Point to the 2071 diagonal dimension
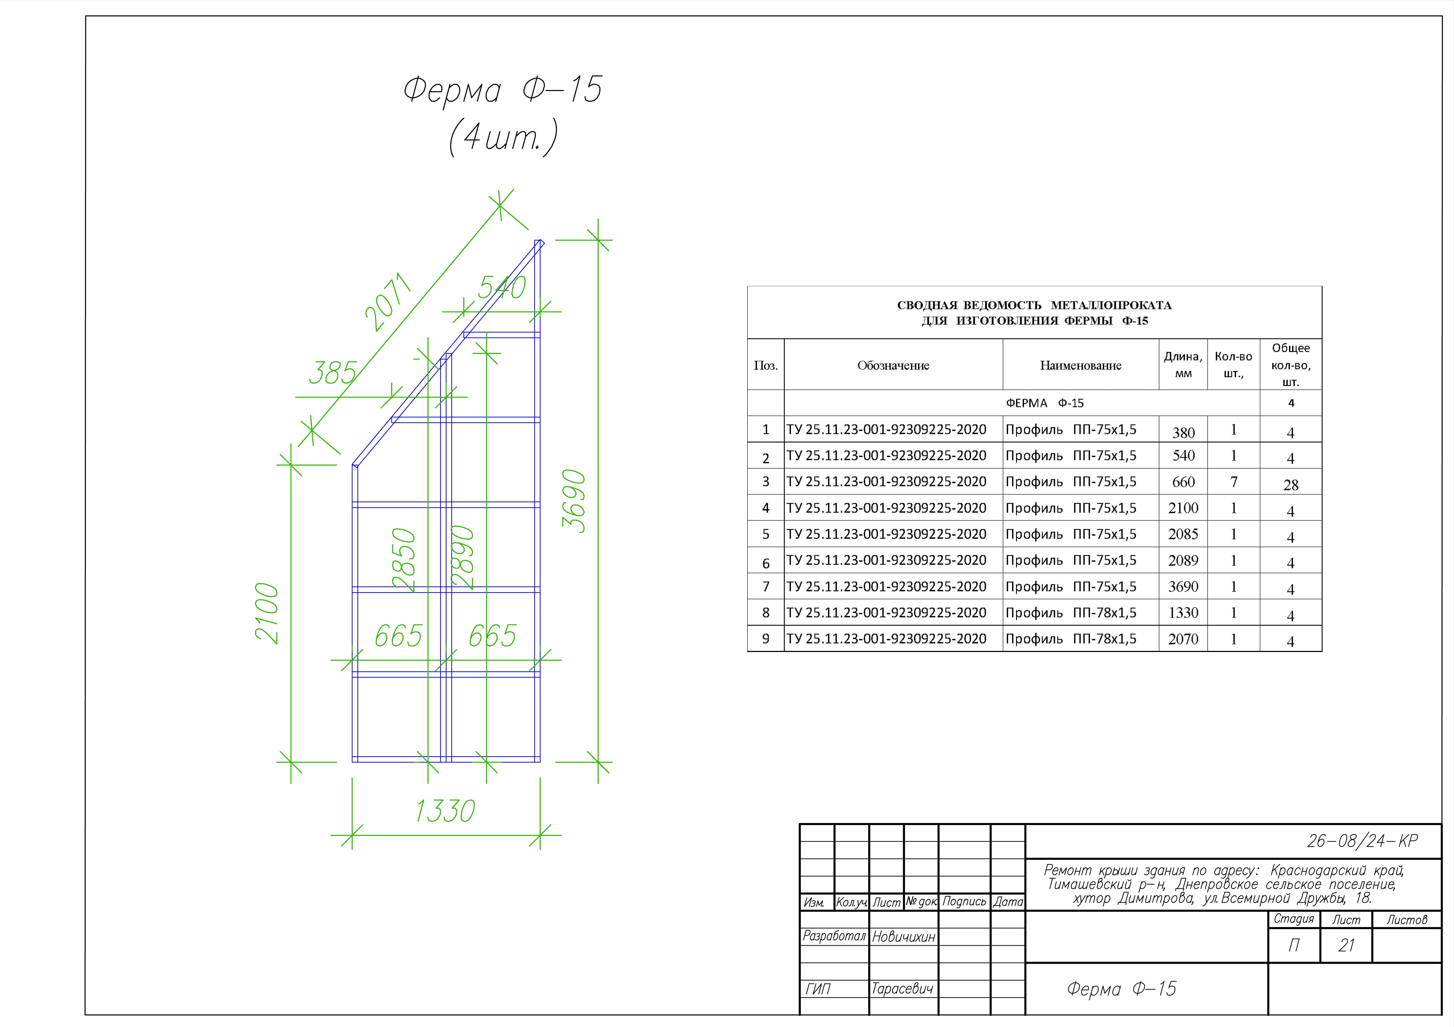click(x=388, y=303)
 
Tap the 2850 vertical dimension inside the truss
click(x=404, y=560)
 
